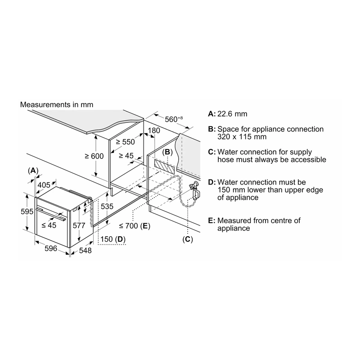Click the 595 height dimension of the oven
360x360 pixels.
(27, 211)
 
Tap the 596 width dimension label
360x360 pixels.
(51, 248)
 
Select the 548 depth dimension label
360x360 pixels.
(85, 251)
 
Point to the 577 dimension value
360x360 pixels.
(79, 225)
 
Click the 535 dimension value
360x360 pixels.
(107, 207)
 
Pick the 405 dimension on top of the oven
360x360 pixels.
(44, 185)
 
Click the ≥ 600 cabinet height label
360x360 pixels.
(94, 156)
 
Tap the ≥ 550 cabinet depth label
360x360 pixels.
(126, 142)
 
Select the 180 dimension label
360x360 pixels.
(154, 130)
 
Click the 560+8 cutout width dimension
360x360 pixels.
(174, 119)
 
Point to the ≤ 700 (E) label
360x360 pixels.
(135, 226)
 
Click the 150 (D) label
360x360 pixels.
(113, 239)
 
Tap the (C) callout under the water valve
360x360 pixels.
(188, 239)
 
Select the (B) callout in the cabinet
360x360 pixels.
(167, 152)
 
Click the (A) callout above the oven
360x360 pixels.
(33, 171)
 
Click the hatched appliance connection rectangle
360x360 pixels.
(164, 166)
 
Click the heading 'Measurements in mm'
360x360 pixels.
(57, 105)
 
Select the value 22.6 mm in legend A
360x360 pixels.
(232, 114)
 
